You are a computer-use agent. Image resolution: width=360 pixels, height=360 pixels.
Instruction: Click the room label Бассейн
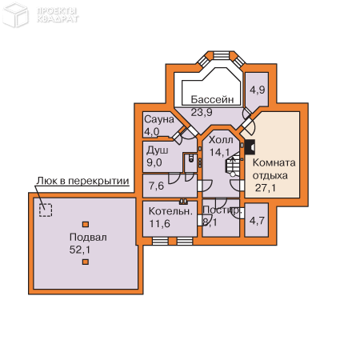click(x=212, y=99)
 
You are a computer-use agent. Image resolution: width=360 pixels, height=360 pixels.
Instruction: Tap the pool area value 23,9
click(x=202, y=112)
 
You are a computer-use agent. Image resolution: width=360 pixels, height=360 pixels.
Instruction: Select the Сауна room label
click(x=159, y=119)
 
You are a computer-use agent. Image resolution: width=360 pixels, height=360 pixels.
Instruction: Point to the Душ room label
click(x=157, y=150)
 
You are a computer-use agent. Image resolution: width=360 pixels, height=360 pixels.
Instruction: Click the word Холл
click(x=221, y=140)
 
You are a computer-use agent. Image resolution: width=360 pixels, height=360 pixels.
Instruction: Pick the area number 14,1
click(x=219, y=152)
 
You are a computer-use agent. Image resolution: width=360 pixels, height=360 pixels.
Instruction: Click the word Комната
click(x=274, y=162)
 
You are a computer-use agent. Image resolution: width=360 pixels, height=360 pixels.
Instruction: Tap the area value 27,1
click(x=266, y=188)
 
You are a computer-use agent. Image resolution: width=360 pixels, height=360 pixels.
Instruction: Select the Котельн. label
click(x=170, y=211)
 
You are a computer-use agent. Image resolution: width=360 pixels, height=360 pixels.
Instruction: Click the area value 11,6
click(x=159, y=224)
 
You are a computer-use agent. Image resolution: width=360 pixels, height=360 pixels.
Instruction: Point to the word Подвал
click(x=88, y=237)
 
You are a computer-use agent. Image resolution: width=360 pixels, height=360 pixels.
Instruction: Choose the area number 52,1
click(x=80, y=250)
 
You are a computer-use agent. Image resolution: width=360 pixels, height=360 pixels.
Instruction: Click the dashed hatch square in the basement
click(x=46, y=210)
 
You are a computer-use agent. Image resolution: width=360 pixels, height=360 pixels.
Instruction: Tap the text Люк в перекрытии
click(x=82, y=181)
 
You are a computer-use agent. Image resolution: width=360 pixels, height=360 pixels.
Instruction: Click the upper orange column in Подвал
click(x=86, y=224)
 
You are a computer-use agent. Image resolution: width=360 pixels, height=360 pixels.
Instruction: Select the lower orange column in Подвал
click(x=86, y=262)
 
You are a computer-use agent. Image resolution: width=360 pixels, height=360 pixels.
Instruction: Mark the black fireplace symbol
click(x=250, y=147)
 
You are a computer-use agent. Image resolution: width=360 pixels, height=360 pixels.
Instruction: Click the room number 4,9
click(x=258, y=90)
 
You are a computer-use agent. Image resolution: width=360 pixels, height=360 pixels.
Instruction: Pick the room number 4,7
click(x=257, y=221)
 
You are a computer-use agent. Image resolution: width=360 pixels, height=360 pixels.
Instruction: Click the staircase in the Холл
click(x=233, y=164)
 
